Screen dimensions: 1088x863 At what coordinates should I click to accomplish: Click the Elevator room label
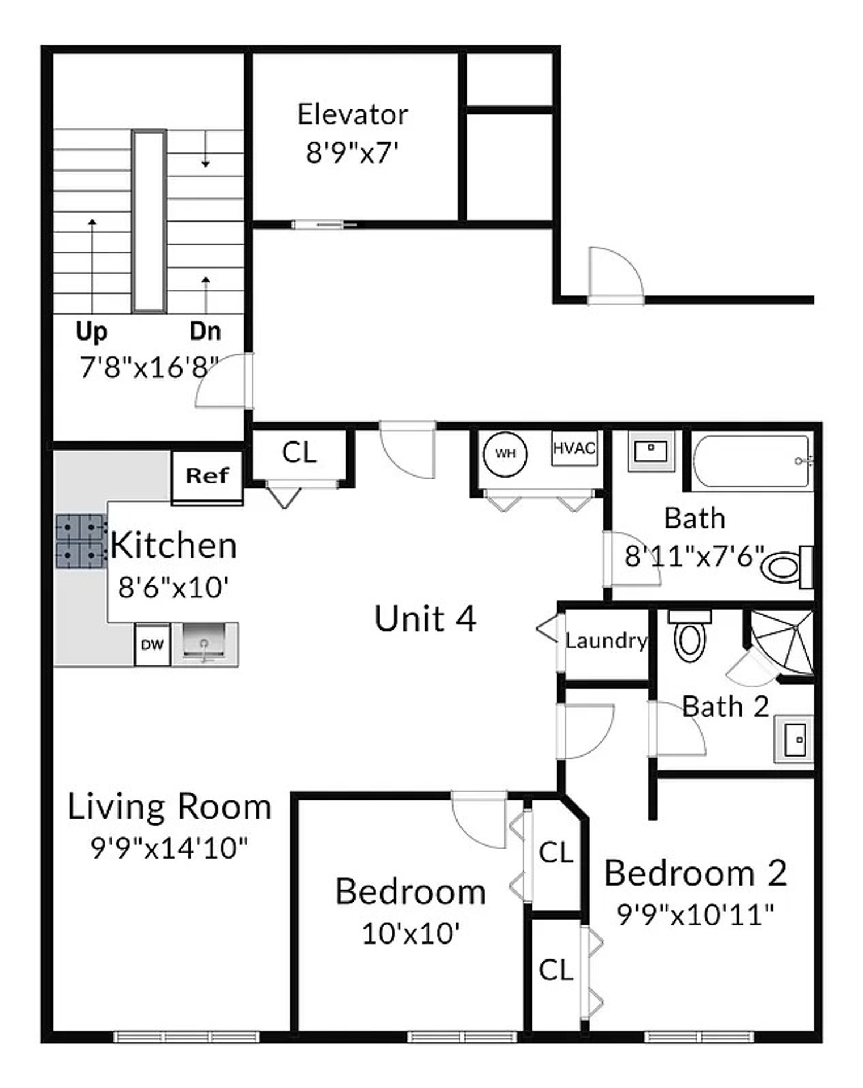[x=352, y=115]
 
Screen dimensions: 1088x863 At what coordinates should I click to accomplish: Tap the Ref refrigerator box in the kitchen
[x=207, y=476]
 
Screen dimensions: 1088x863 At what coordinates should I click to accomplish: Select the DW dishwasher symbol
[x=152, y=644]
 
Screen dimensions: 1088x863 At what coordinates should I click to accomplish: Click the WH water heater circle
[x=505, y=454]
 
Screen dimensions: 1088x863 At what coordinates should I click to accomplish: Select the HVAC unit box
[x=574, y=449]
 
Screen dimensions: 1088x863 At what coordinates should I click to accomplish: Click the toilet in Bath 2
[x=689, y=636]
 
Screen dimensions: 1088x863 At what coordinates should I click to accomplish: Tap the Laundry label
[x=606, y=641]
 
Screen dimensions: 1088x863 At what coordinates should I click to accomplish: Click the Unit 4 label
[x=425, y=618]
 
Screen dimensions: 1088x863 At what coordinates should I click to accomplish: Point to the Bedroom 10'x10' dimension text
[x=410, y=933]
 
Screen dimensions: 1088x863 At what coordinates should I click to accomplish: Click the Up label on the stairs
[x=91, y=331]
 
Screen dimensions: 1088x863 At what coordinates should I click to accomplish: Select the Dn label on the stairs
[x=205, y=331]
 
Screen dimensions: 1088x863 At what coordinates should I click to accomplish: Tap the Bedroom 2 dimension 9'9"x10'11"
[x=695, y=913]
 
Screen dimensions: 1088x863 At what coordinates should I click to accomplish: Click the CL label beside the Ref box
[x=299, y=453]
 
